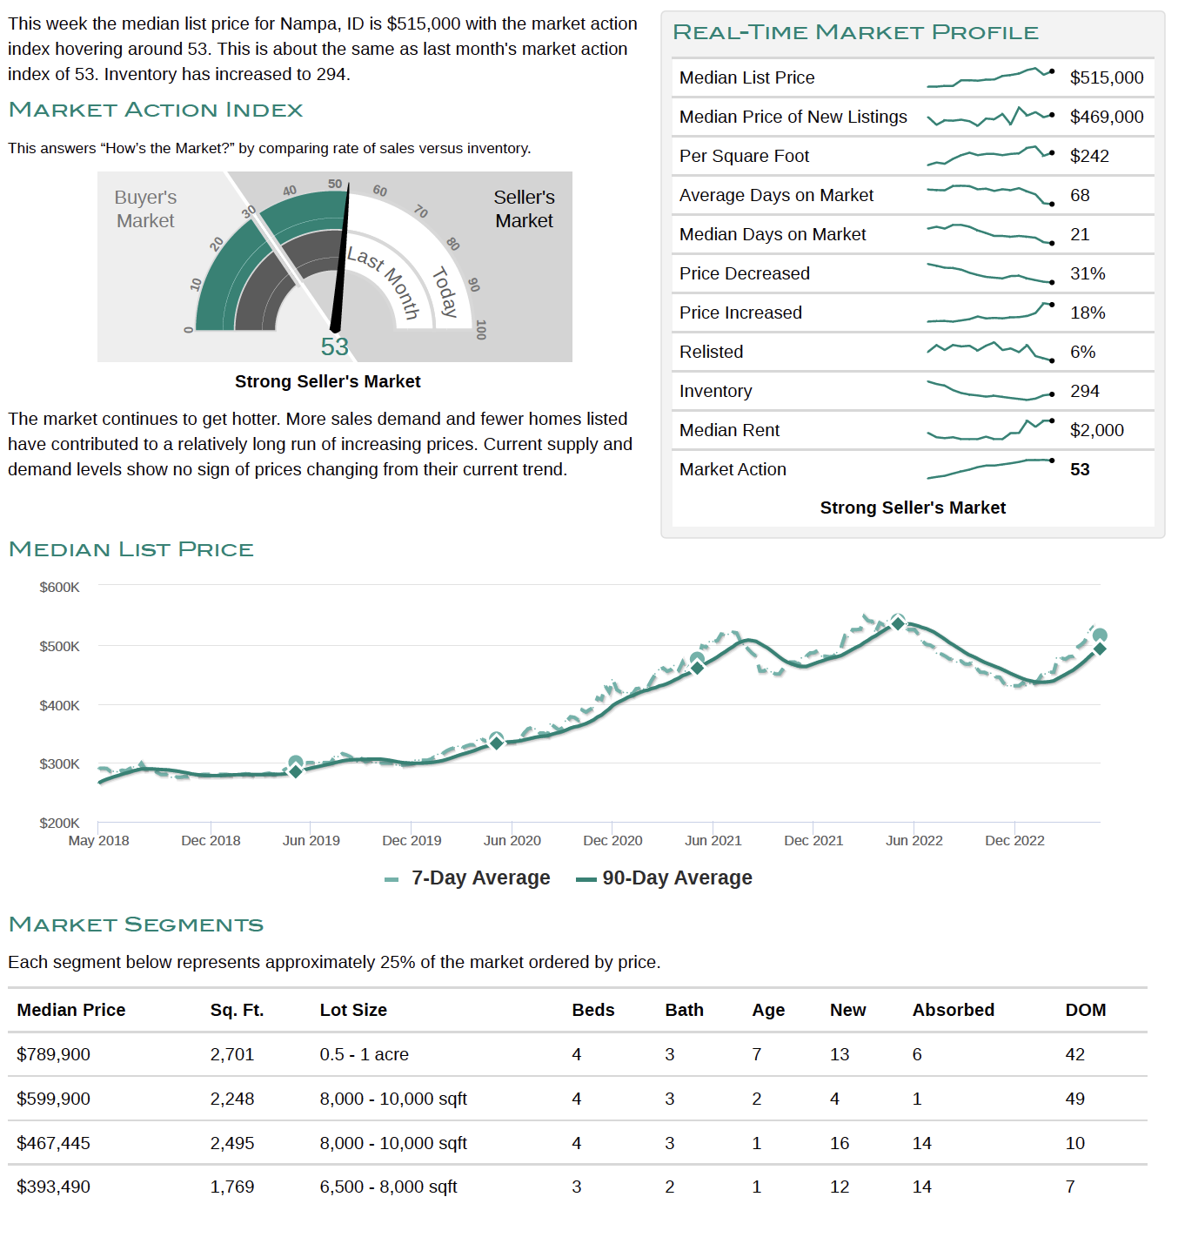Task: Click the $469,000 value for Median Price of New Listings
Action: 1106,117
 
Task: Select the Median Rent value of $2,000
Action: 1096,430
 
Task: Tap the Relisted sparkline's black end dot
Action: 1052,360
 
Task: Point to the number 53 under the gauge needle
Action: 334,346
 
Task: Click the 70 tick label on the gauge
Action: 421,212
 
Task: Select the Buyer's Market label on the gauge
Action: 145,209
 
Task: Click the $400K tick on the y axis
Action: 59,705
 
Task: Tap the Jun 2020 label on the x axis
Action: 512,840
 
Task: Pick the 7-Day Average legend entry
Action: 467,878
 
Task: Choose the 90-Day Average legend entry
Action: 664,878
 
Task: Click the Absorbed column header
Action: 953,1010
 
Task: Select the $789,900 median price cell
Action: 53,1054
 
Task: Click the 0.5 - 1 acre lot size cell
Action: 364,1054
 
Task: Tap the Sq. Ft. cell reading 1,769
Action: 231,1187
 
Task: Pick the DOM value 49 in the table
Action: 1074,1099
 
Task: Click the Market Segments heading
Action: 136,925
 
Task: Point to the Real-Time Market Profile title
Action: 855,32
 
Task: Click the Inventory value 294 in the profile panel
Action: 1084,391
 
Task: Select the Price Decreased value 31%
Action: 1088,273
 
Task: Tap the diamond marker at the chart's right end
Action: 1100,649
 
